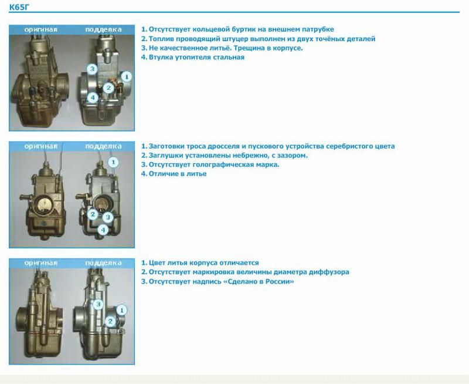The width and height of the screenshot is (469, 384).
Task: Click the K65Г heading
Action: [19, 7]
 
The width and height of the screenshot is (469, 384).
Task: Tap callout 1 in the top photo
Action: [126, 77]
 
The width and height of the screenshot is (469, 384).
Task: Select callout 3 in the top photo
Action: [93, 69]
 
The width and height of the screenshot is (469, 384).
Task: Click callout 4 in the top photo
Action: [93, 97]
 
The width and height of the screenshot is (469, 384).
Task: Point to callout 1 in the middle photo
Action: [113, 163]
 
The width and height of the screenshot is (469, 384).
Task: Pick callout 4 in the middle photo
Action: [103, 230]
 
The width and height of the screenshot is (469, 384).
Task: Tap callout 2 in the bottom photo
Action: [110, 321]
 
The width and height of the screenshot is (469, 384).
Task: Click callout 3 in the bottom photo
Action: [98, 305]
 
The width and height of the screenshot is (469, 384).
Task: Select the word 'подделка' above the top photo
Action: [103, 30]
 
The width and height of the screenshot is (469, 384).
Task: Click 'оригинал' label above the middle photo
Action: [40, 146]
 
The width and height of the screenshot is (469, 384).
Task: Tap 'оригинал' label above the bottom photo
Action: [40, 263]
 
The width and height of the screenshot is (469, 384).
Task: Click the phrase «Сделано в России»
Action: [259, 282]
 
